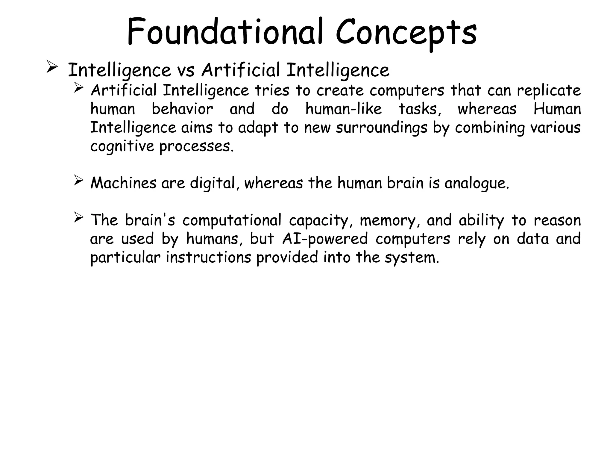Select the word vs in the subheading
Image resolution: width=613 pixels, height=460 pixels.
point(186,71)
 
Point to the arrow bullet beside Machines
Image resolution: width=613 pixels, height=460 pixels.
point(78,181)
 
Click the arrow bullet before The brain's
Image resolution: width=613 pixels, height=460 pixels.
point(78,218)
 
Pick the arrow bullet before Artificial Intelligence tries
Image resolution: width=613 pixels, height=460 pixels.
point(78,88)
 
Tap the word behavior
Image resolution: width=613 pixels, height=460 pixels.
point(182,109)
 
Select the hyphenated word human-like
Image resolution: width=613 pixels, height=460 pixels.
point(344,109)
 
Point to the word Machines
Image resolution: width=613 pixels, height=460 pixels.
point(123,183)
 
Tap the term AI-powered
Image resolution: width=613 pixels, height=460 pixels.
point(325,239)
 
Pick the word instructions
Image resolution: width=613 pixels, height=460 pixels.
point(208,258)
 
